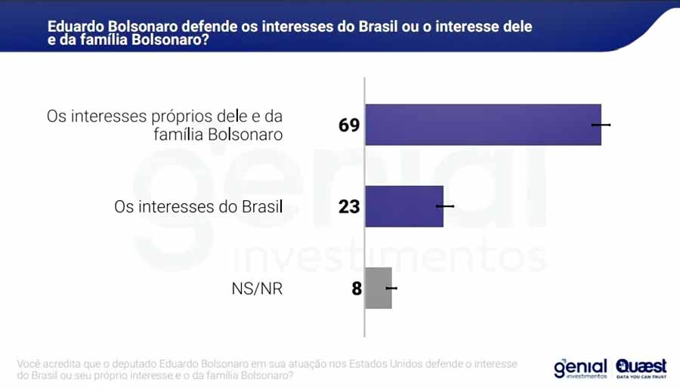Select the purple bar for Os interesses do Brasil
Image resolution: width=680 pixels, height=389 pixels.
coord(403,206)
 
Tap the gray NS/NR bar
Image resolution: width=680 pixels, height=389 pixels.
coord(378,288)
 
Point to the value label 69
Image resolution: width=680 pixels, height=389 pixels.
coord(349,125)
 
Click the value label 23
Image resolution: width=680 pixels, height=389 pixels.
coord(349,206)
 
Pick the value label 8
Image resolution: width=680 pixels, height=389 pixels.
coord(357,288)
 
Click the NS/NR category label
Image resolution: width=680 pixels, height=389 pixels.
coord(258,288)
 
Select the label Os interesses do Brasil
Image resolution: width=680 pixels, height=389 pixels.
coord(198,206)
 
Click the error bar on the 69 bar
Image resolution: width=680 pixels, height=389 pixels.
coord(601,125)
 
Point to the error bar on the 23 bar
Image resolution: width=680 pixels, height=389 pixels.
coord(445,206)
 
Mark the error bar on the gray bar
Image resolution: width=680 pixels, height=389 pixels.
coord(391,288)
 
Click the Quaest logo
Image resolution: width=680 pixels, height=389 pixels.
coord(641,366)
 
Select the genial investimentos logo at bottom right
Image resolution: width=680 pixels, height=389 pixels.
coord(580,368)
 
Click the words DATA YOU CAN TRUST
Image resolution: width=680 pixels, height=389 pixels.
coord(641,376)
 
